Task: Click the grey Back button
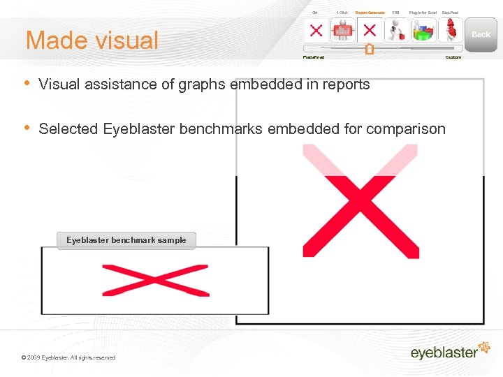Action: [x=481, y=34]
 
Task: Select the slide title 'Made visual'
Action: [x=92, y=40]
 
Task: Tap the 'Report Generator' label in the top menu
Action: [x=370, y=13]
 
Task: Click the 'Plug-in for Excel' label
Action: [x=423, y=13]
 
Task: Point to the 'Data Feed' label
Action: [x=450, y=13]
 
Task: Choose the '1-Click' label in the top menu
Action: [x=342, y=13]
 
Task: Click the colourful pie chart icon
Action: [x=424, y=31]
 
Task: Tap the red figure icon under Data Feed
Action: [x=451, y=31]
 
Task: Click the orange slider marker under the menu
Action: [x=369, y=50]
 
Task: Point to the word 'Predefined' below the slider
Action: [x=313, y=57]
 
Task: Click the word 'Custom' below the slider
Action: [x=453, y=57]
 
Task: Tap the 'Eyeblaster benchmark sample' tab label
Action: [x=126, y=240]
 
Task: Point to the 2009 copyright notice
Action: [x=68, y=357]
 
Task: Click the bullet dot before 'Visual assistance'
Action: [x=27, y=83]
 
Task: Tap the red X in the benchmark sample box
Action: [x=155, y=280]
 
